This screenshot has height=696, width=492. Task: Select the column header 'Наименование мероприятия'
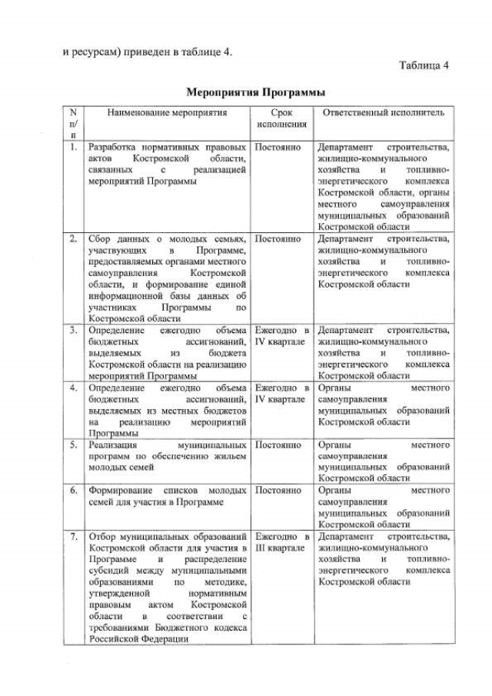[x=167, y=113]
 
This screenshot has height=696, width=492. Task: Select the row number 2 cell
[x=72, y=239]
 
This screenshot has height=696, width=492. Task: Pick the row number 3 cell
[x=72, y=330]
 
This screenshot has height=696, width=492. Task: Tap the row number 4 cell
[x=72, y=388]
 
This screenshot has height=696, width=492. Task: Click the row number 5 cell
[x=72, y=445]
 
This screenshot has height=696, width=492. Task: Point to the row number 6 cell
[x=72, y=489]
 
